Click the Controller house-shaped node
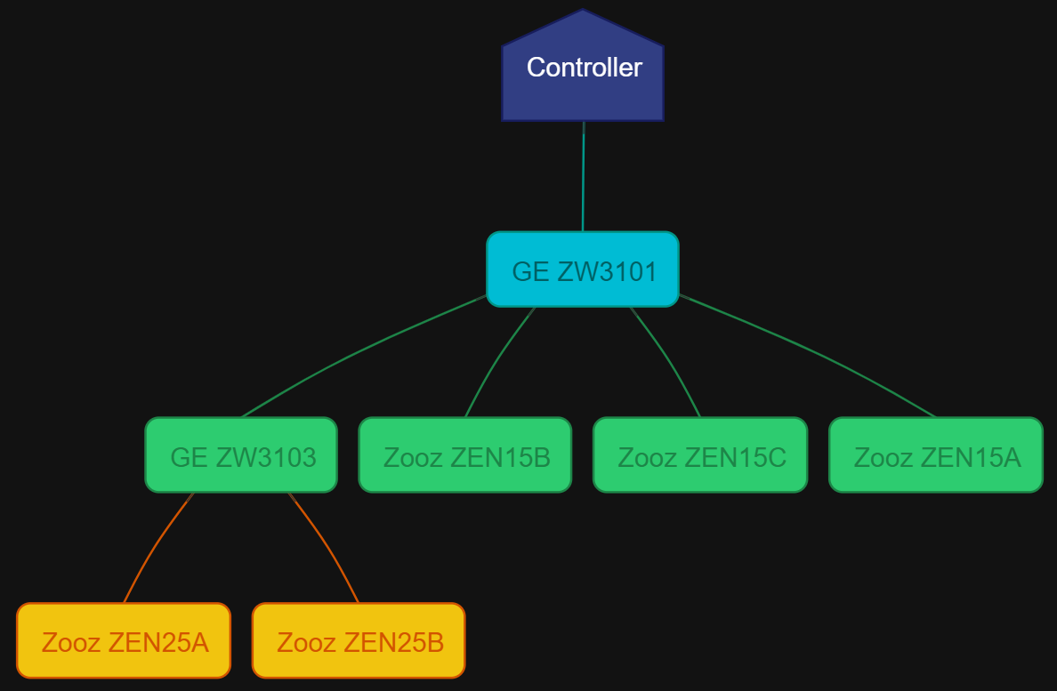pos(583,89)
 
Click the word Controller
pos(584,68)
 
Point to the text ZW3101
pos(608,271)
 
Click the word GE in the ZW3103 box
pos(189,457)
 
